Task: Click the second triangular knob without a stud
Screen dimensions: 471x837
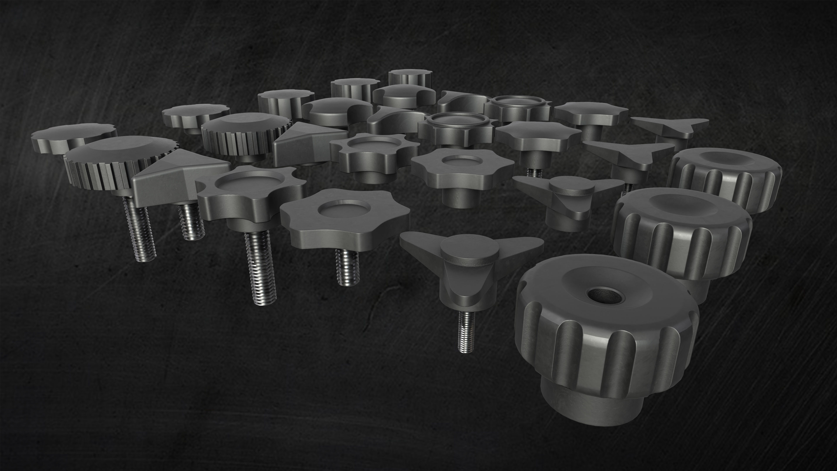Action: point(309,143)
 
